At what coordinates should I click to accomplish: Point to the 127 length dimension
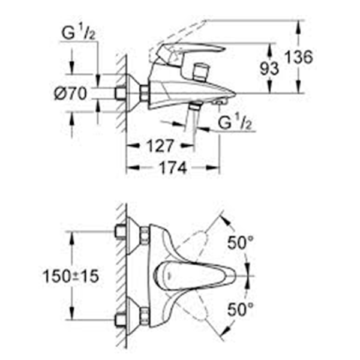click(160, 146)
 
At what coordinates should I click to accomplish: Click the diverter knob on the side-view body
click(200, 73)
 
